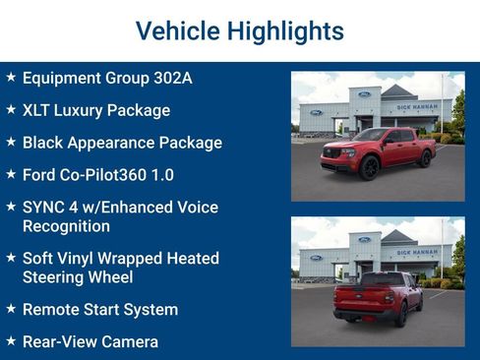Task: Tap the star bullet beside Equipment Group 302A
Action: [11, 77]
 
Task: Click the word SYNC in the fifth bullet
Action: [44, 208]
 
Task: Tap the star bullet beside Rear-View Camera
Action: [11, 341]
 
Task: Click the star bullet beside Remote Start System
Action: [11, 309]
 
